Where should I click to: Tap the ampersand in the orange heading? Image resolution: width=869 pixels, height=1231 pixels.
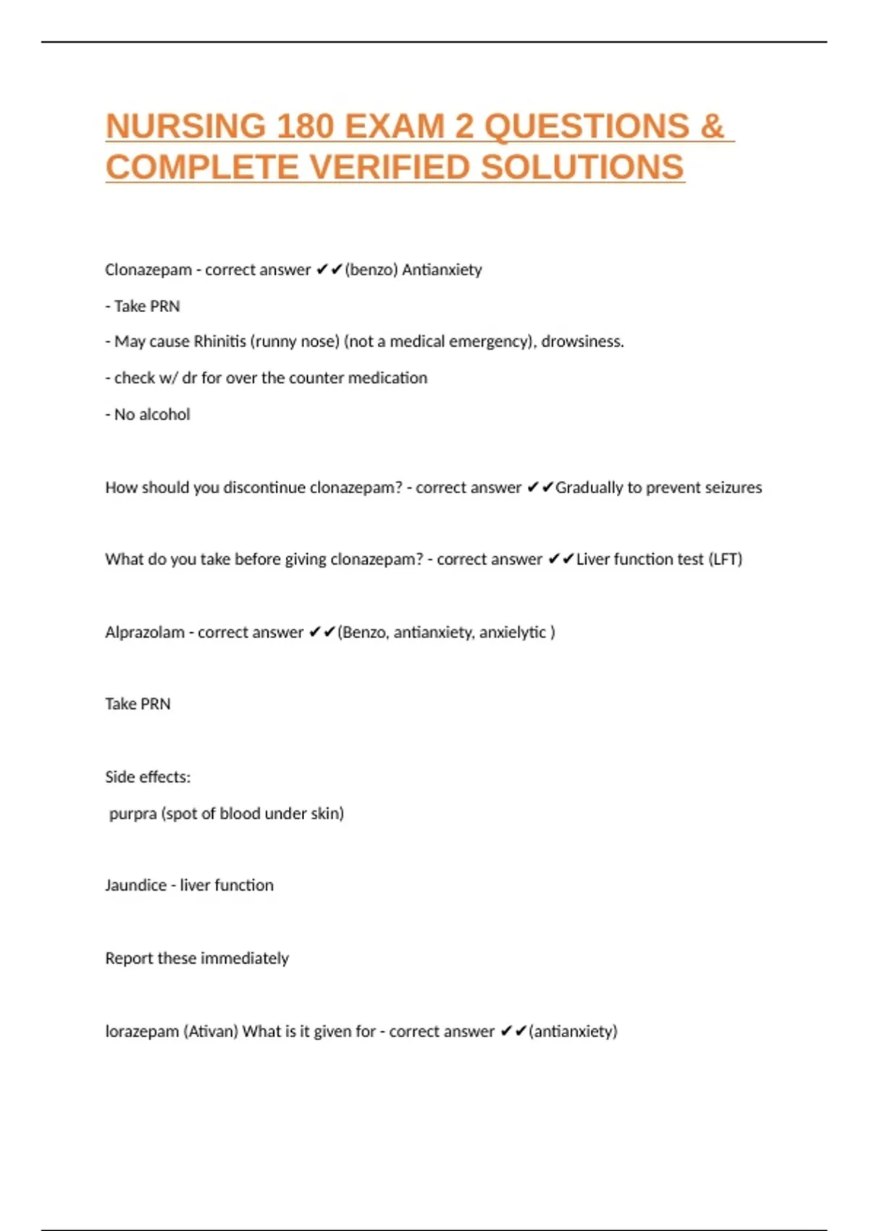712,127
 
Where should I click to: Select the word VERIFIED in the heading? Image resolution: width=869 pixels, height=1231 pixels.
390,168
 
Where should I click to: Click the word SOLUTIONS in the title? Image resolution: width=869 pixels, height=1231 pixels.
582,168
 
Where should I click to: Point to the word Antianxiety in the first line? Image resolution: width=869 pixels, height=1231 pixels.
442,270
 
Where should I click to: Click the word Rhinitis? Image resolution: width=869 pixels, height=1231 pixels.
219,342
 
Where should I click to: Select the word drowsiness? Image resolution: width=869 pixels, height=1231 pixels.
582,342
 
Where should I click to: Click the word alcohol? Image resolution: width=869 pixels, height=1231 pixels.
164,415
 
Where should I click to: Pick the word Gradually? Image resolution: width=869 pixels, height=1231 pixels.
589,488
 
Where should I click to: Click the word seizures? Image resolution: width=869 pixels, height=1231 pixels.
733,488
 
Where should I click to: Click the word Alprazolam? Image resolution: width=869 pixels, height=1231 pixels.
145,633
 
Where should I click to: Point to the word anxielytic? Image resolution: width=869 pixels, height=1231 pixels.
513,633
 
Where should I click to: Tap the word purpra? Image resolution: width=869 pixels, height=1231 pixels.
133,814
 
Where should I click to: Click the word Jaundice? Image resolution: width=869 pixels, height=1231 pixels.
135,886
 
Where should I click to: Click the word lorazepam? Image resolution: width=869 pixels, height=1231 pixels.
141,1032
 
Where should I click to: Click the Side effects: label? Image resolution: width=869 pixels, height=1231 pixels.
148,778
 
